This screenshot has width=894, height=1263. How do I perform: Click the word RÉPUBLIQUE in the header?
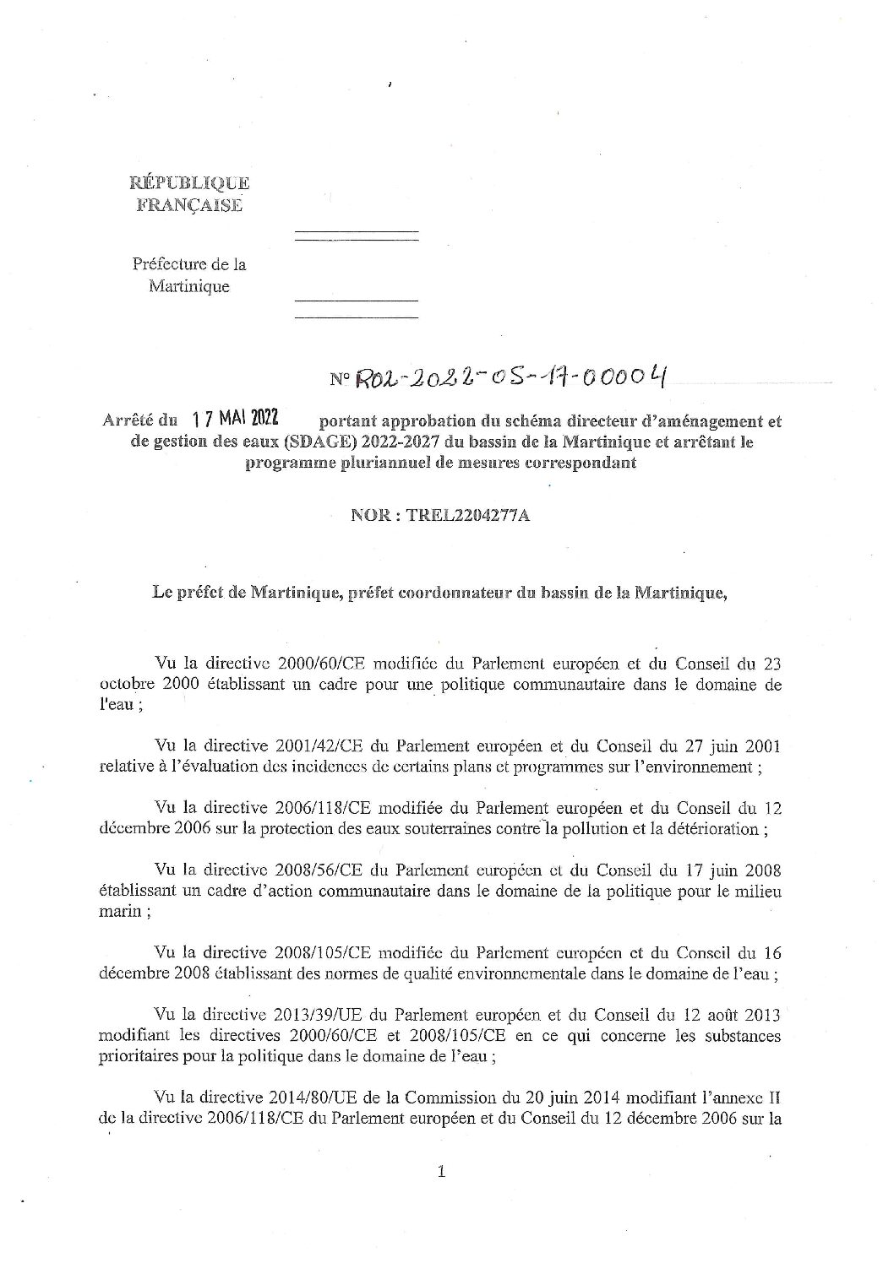pos(189,182)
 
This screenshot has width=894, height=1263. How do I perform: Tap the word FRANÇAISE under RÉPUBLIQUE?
pos(189,204)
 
